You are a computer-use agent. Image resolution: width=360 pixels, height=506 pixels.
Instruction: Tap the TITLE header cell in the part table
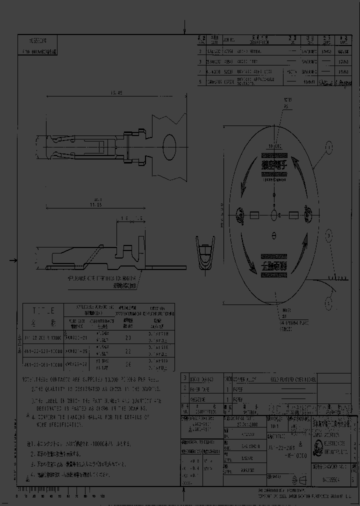click(x=43, y=309)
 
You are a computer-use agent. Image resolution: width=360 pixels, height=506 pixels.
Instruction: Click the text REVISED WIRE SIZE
click(x=255, y=71)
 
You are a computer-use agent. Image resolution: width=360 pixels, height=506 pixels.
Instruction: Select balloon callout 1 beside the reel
click(x=329, y=147)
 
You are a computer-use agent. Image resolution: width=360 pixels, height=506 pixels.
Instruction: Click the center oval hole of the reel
click(x=273, y=215)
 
